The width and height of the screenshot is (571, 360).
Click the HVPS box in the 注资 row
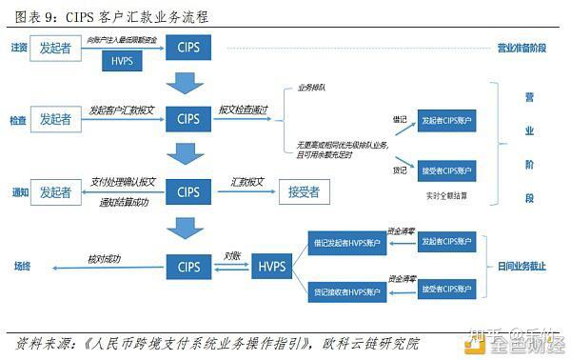[x=122, y=62]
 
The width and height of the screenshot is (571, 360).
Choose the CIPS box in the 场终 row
[x=188, y=267]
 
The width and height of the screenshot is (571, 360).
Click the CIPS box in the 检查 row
[x=188, y=120]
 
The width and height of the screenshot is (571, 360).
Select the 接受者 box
[x=304, y=192]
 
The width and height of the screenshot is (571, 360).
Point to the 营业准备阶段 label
[x=522, y=48]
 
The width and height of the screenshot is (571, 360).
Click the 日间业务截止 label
[x=522, y=267]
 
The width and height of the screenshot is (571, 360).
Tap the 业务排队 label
[x=312, y=87]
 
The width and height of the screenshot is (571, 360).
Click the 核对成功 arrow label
[x=105, y=258]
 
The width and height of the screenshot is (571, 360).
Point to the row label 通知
[x=19, y=192]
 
